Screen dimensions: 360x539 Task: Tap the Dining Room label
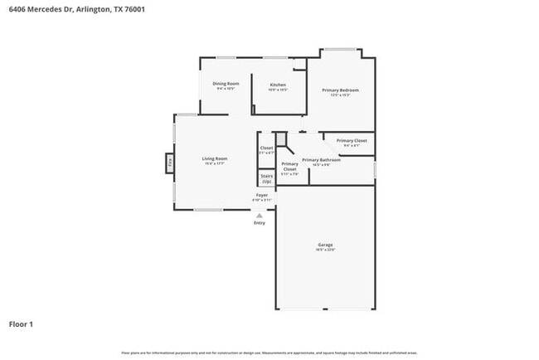(x=226, y=84)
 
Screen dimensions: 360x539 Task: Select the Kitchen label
(x=278, y=85)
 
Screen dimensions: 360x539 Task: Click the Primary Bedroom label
(x=340, y=90)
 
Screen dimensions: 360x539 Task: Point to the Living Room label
(x=215, y=158)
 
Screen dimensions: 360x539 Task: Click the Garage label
(x=325, y=245)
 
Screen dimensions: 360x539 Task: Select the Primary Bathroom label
(x=321, y=159)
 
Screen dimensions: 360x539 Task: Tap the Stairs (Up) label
(x=266, y=178)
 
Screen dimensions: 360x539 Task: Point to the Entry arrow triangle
(x=260, y=215)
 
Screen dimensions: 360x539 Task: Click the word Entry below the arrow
(x=260, y=222)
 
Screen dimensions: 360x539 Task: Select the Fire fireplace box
(x=170, y=162)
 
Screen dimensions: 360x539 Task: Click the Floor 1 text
(x=21, y=324)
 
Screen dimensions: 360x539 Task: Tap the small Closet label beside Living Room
(x=266, y=148)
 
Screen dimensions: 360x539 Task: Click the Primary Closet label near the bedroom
(x=352, y=141)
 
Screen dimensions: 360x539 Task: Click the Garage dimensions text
(x=325, y=251)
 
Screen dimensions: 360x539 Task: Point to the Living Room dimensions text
(x=215, y=164)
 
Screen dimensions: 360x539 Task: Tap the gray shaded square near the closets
(x=281, y=139)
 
